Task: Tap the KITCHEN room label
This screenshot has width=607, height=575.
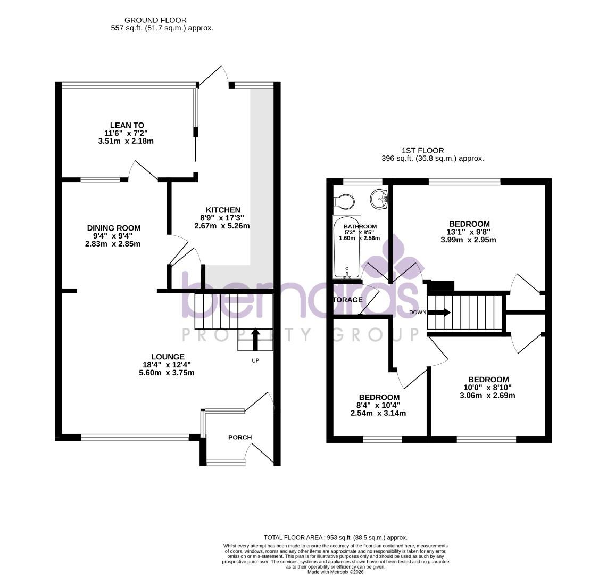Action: (223, 210)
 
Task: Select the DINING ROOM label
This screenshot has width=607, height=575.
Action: (114, 228)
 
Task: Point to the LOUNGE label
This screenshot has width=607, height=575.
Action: (168, 357)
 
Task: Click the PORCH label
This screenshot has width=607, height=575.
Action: (240, 437)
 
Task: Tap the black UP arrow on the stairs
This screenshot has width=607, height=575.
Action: (255, 339)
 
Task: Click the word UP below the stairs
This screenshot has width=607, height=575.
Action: (255, 360)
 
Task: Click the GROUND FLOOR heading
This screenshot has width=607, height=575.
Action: (155, 20)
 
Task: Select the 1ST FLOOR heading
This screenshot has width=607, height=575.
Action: (423, 151)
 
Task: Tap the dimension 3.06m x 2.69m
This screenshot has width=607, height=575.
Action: (487, 395)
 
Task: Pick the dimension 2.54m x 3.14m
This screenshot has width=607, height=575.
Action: (378, 413)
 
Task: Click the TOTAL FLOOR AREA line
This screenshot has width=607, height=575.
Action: (335, 538)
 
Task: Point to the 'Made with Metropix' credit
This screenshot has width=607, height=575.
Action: (335, 572)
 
